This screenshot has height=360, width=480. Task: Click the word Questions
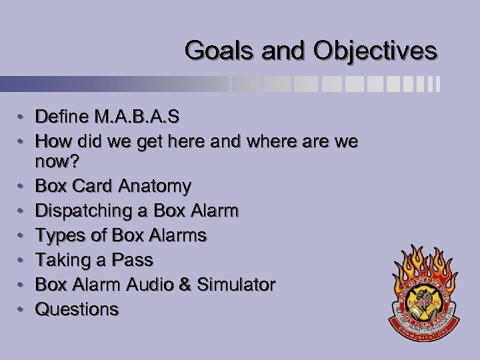click(77, 309)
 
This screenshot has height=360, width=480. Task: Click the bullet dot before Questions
click(22, 310)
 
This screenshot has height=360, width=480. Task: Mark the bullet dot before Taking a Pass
click(22, 261)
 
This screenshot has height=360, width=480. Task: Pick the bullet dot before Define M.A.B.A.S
click(22, 118)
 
